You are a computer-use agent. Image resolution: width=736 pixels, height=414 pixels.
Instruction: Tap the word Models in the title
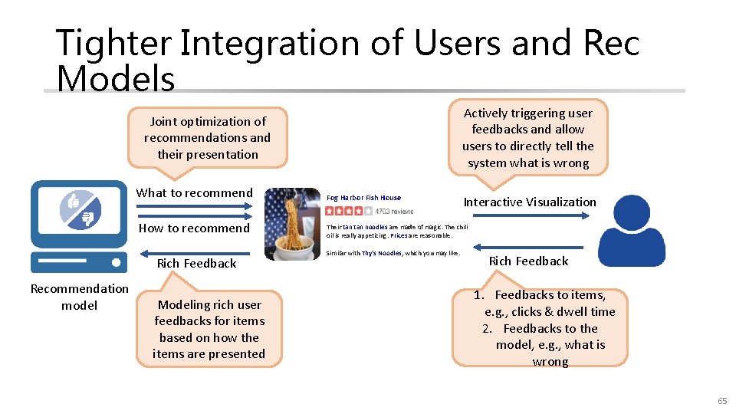coord(116,78)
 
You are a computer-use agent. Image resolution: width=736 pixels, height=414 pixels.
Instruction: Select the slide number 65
coord(721,402)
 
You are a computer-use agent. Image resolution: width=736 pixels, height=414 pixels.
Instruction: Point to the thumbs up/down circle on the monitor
coord(80,209)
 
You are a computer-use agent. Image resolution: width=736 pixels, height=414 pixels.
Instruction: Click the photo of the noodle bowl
coord(292,224)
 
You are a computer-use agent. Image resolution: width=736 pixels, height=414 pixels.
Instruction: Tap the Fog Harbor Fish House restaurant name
coord(363,198)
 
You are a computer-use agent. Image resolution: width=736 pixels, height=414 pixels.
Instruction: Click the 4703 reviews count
coord(394,211)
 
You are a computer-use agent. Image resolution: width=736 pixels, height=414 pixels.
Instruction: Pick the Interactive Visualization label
coord(529,202)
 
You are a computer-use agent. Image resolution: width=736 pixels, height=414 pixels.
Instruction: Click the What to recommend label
coord(194,193)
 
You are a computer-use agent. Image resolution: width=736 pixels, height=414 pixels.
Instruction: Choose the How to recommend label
coord(194,228)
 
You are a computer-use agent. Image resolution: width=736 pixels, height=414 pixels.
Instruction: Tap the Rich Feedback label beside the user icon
coord(528,261)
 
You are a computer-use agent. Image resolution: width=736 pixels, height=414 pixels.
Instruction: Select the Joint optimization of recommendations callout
coord(208,138)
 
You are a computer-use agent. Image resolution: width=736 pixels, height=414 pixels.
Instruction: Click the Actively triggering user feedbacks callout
coord(528,138)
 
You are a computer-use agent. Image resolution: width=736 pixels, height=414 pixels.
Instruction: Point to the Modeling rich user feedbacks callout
coord(209,329)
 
